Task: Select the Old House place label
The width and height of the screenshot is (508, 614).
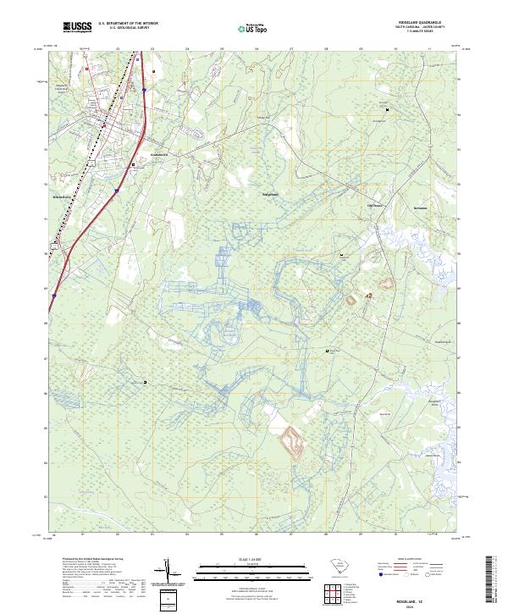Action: (374, 205)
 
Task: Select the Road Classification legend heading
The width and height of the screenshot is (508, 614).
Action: (406, 561)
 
